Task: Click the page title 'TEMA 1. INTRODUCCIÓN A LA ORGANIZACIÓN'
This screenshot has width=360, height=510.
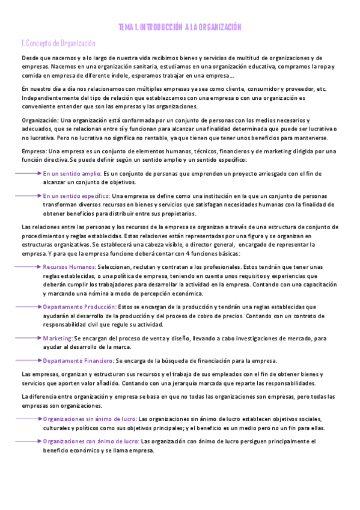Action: point(180,27)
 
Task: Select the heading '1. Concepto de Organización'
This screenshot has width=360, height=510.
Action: point(58,43)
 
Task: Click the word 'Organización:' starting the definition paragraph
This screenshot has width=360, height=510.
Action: point(40,120)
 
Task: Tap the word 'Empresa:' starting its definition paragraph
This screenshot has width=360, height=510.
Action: point(34,150)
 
